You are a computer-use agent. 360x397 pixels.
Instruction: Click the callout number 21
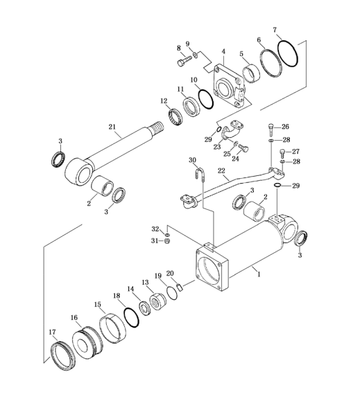(x=112, y=127)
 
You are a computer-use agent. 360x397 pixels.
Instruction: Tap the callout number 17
(x=52, y=332)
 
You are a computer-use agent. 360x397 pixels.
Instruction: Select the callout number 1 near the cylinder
(x=259, y=274)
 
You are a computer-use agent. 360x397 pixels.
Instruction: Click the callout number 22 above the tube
(x=221, y=170)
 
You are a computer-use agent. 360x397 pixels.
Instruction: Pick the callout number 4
(x=223, y=51)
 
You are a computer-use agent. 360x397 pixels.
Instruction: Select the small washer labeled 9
(x=195, y=55)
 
